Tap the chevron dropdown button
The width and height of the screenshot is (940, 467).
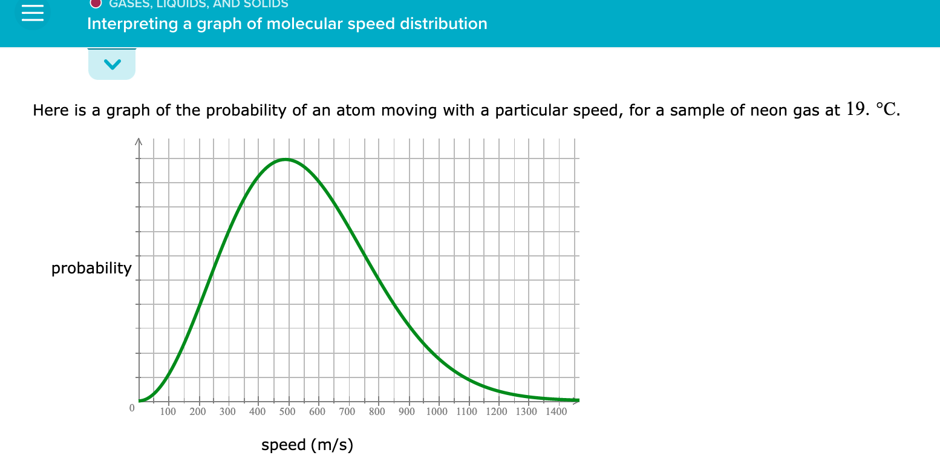tap(112, 64)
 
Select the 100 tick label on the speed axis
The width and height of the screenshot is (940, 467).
tap(168, 412)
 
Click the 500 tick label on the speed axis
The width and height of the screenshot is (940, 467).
tap(287, 412)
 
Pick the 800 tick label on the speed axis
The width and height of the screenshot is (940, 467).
tap(377, 412)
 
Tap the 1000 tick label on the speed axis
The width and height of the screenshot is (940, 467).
tap(437, 412)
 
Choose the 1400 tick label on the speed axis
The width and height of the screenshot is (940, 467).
tap(556, 412)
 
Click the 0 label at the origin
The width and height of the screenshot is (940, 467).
tap(131, 408)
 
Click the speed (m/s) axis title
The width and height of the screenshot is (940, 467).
tap(307, 446)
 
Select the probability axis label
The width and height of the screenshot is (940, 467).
tap(91, 268)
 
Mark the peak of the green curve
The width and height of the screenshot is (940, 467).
tap(286, 159)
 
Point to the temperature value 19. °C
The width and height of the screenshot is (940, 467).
tap(873, 110)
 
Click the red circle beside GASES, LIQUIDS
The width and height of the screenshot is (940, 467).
tap(96, 3)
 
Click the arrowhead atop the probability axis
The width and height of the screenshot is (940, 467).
tap(139, 143)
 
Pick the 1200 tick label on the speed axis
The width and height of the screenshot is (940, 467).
tap(497, 412)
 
